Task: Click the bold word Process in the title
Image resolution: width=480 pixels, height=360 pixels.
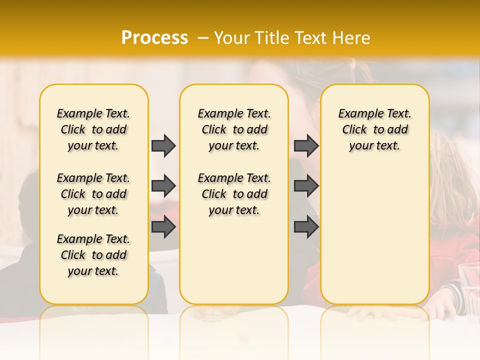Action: point(154,37)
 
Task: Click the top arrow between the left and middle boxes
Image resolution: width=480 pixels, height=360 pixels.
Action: point(163,145)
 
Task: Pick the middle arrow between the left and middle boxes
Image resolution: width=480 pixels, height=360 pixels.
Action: point(163,186)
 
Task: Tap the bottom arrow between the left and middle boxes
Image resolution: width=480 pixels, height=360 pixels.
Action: point(163,227)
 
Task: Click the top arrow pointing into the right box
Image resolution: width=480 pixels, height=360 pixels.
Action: point(306,145)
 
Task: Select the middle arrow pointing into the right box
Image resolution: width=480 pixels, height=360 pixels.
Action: point(306,186)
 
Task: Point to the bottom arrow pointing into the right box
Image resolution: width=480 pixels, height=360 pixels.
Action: point(306,227)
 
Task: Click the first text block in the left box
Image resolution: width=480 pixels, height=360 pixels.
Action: point(93,129)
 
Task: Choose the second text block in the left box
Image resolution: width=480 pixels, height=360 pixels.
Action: point(93,194)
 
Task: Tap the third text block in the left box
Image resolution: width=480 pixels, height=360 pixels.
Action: point(93,255)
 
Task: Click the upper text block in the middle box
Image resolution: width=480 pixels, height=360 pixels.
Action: point(234,129)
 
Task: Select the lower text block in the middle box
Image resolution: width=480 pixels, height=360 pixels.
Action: point(234,194)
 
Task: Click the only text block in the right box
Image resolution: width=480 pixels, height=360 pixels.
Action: point(375,129)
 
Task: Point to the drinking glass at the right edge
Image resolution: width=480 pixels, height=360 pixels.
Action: point(469,290)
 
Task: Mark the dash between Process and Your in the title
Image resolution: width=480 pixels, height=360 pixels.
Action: point(203,37)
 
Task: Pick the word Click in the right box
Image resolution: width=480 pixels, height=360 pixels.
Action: point(354,130)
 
